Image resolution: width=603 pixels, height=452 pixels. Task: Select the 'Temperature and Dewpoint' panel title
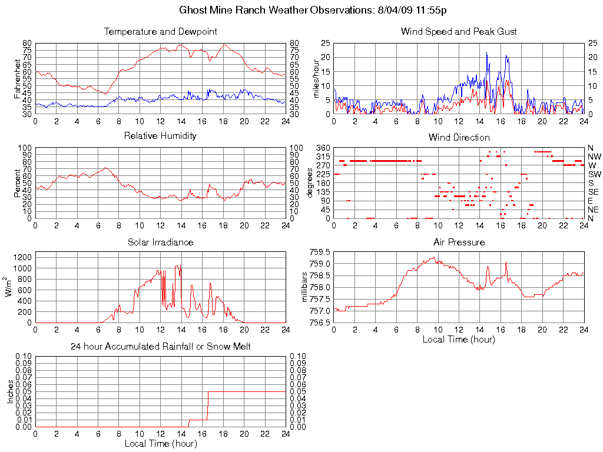tap(160, 31)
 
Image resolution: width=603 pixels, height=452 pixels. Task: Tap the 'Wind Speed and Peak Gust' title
tap(459, 31)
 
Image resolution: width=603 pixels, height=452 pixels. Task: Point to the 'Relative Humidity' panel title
tap(160, 136)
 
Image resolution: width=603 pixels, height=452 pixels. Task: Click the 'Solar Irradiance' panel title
tap(160, 242)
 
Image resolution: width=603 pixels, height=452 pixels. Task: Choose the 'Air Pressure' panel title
tap(459, 242)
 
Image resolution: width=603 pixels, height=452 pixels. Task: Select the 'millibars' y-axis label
tap(304, 287)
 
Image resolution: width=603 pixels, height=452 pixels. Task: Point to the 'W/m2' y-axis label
tap(9, 287)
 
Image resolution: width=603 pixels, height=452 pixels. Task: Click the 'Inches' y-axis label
tap(10, 391)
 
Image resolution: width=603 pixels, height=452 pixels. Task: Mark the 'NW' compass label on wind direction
tap(594, 157)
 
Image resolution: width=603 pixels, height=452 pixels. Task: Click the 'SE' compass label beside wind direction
tap(594, 192)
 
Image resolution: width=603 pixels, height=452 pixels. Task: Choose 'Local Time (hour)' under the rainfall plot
tap(160, 443)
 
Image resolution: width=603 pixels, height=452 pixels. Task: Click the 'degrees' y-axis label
tap(310, 183)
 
